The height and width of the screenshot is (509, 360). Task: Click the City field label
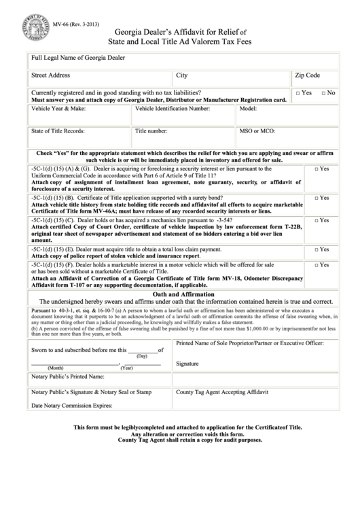click(182, 75)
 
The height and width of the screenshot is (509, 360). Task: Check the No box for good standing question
click(323, 92)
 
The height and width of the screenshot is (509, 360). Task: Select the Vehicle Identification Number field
click(183, 116)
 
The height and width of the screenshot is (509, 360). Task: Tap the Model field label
click(248, 109)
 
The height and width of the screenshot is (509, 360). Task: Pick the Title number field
click(183, 137)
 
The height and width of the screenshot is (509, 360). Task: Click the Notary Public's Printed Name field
click(100, 376)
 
